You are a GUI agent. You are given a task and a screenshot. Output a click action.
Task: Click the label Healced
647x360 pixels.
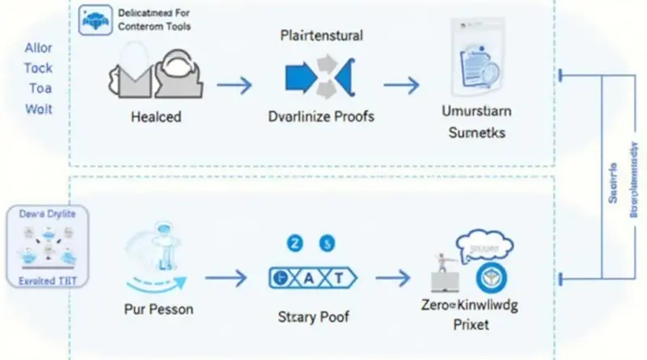click(x=155, y=116)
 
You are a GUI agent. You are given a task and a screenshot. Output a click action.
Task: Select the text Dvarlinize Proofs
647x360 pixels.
click(x=320, y=116)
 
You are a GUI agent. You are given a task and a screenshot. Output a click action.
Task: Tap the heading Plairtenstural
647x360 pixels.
click(x=321, y=36)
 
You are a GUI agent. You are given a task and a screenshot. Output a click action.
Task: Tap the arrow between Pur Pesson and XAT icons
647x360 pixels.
click(x=226, y=278)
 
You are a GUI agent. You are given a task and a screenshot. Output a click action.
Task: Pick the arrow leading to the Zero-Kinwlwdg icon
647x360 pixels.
click(x=394, y=278)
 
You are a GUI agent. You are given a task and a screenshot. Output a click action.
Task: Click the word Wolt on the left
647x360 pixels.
click(x=39, y=108)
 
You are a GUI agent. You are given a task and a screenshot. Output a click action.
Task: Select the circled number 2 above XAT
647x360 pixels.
click(x=295, y=242)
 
